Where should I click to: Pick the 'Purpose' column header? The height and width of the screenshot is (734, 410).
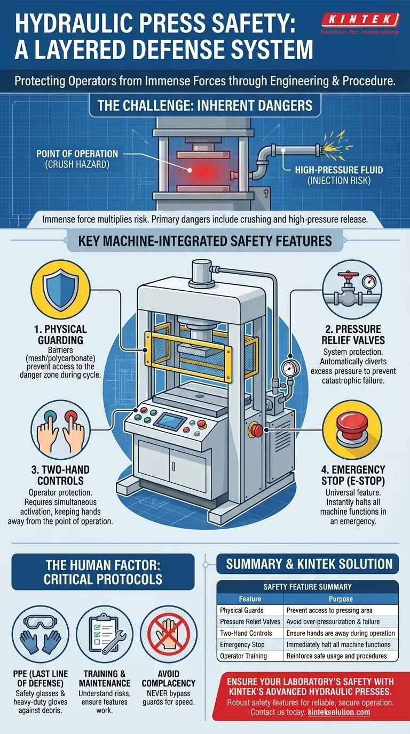pyautogui.click(x=341, y=599)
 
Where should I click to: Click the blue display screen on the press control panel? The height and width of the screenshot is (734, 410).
pyautogui.click(x=169, y=420)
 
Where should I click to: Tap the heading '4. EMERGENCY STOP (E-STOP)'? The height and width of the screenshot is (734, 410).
pyautogui.click(x=353, y=475)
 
